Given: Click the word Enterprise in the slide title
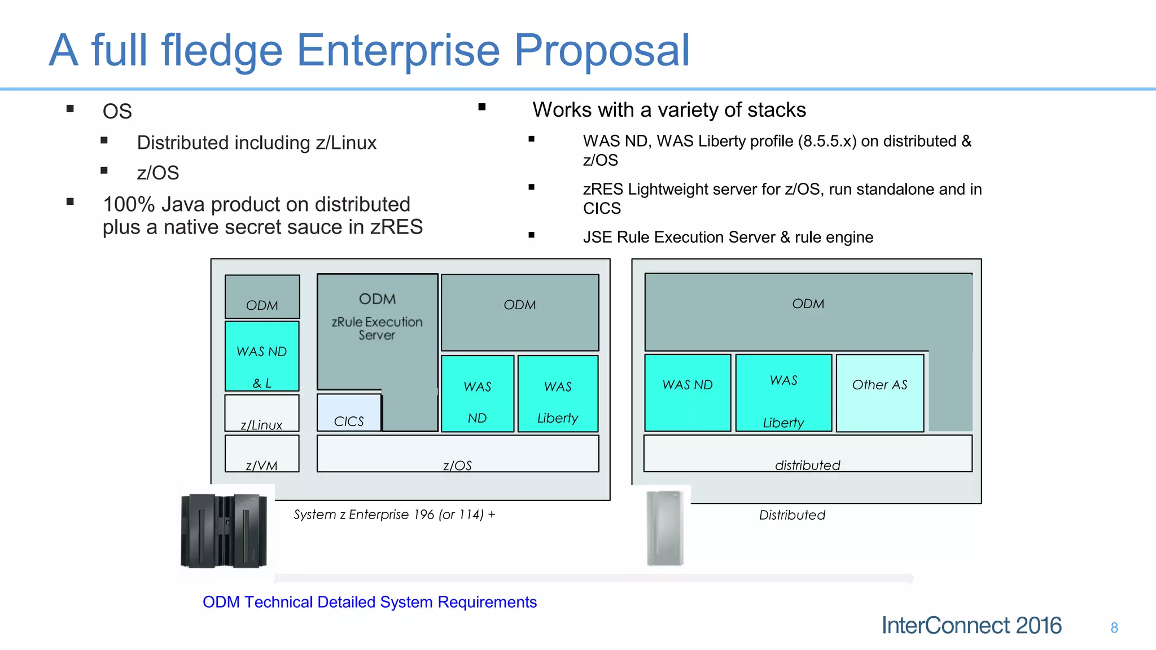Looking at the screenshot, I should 398,51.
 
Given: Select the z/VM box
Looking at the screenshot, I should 262,454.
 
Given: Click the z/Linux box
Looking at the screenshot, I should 262,414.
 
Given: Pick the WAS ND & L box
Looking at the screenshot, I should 262,357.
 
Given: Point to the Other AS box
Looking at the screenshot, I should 879,393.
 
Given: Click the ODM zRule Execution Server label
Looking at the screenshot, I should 377,316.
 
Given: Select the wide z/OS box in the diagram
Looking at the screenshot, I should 458,454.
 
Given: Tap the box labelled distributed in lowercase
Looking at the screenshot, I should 808,454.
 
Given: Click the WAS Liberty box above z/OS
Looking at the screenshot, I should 558,394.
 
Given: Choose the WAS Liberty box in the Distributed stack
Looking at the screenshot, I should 783,393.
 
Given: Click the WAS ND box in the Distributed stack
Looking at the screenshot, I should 688,393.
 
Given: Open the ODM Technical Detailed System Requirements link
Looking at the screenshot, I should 370,603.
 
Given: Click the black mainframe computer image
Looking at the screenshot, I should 225,530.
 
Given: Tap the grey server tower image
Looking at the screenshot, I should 665,528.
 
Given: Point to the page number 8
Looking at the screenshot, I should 1114,628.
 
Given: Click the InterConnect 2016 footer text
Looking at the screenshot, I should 971,626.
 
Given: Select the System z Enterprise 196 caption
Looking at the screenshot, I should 394,515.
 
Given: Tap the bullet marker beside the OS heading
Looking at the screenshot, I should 70,109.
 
